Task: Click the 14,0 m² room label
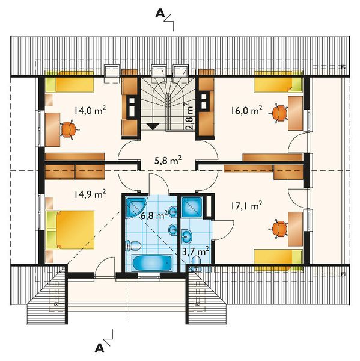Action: coord(90,111)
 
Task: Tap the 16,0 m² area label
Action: coord(246,110)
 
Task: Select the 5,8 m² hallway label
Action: coord(168,161)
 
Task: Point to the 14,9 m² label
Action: coord(90,194)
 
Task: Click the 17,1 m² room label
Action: coord(246,206)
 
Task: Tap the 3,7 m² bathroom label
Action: coord(195,251)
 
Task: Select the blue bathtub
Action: coord(152,263)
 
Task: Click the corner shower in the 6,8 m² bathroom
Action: coord(136,207)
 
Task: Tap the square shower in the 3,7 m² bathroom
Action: coord(192,207)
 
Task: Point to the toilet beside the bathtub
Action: coord(133,245)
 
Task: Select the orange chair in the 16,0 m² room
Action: coord(279,114)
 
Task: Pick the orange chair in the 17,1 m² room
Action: coord(279,229)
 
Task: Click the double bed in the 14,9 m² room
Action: coord(70,230)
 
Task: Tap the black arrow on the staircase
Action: coord(152,126)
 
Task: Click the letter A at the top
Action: coord(160,14)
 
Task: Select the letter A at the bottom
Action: coord(99,348)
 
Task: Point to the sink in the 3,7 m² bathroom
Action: coord(187,236)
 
